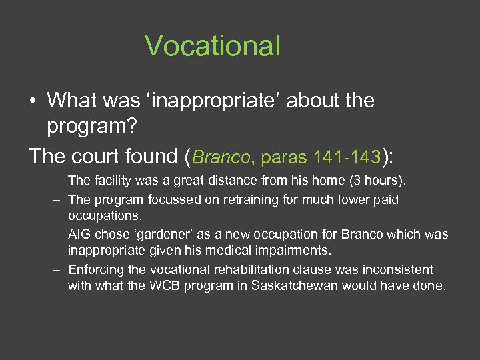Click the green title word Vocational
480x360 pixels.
[213, 46]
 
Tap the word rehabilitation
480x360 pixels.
[244, 270]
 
